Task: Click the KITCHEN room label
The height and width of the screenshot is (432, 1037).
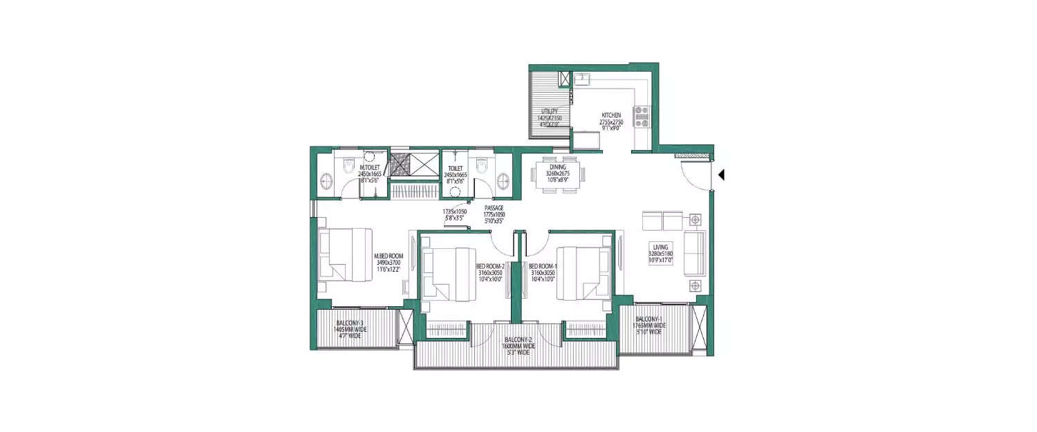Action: [x=611, y=115]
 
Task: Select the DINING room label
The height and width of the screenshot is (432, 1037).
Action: [x=558, y=167]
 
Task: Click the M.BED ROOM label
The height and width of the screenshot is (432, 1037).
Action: [x=388, y=256]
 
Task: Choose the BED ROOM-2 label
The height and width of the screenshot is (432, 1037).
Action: [x=489, y=265]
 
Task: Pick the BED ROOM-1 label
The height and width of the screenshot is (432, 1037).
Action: [x=543, y=265]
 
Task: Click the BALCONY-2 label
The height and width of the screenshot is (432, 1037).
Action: [x=517, y=340]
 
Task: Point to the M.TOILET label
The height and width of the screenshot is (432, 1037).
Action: [x=369, y=167]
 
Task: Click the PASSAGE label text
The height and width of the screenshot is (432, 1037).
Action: [x=494, y=207]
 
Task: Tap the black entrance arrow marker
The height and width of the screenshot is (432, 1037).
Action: [x=721, y=176]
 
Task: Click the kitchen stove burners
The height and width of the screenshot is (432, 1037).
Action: [x=642, y=117]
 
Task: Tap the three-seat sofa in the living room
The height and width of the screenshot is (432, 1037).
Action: [x=694, y=254]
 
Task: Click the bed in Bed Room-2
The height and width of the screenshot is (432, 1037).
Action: [x=449, y=273]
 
